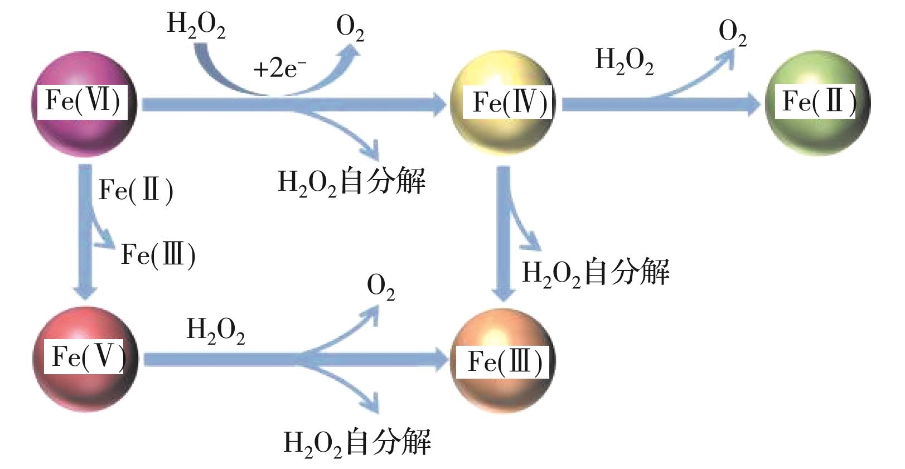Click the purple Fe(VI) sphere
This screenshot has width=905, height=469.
click(x=84, y=103)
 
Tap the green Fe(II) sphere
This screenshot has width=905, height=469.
click(x=818, y=103)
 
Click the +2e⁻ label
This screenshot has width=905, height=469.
click(x=279, y=69)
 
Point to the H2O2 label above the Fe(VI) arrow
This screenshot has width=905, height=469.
click(x=196, y=26)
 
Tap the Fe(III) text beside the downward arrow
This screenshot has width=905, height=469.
click(x=158, y=255)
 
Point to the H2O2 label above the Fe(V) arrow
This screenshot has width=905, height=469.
click(x=215, y=330)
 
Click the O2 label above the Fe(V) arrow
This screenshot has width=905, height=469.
click(x=381, y=288)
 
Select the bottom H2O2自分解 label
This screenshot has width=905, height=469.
click(x=357, y=443)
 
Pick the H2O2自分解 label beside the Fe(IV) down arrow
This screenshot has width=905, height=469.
click(x=595, y=273)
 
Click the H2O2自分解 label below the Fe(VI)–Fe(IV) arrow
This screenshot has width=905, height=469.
click(x=351, y=182)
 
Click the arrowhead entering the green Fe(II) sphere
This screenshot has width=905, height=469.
click(x=750, y=104)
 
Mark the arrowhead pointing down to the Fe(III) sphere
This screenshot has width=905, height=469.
click(x=504, y=293)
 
